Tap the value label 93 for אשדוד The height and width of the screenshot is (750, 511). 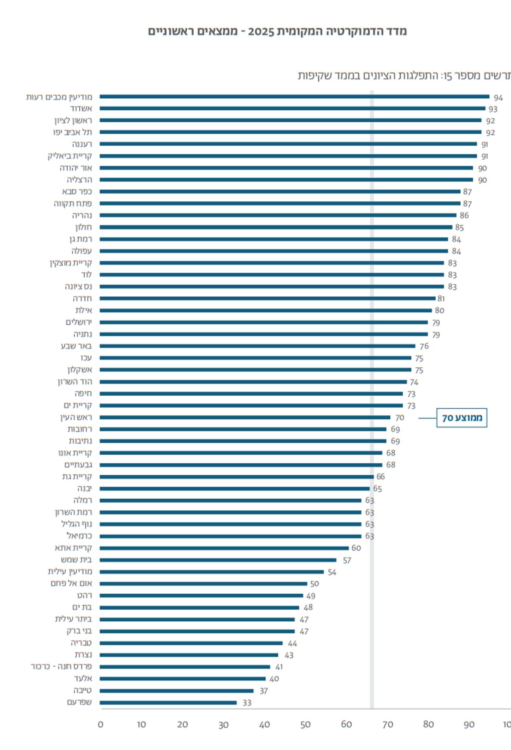pos(493,109)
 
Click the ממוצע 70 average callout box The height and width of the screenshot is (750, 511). pos(461,418)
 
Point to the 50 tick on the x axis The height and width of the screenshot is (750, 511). pos(305,724)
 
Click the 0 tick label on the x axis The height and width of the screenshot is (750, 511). pos(101,724)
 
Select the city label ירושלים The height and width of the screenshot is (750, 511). pos(79,322)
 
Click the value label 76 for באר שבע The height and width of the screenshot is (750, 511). pos(424,346)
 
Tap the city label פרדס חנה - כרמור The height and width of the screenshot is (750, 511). pos(61,667)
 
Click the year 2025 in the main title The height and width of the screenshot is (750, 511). pos(261,31)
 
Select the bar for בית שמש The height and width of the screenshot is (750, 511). pos(218,560)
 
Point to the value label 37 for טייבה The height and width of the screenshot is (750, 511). pos(264,691)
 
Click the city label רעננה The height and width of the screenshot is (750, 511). pos(82,144)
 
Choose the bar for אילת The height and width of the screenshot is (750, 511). pos(265,310)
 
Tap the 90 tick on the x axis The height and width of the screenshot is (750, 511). pos(469,724)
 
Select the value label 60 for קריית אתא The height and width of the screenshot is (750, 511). pos(356,548)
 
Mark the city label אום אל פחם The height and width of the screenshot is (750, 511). pos(71,583)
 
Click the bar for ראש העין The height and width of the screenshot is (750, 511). pos(244,417)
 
